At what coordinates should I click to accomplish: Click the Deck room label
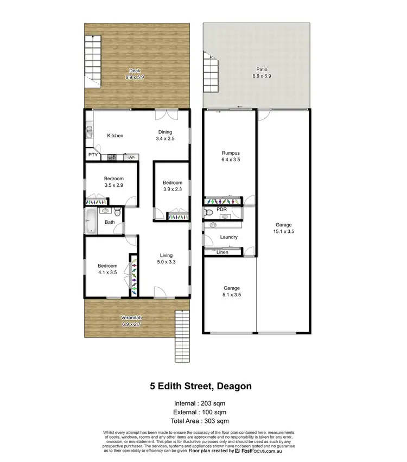(136, 74)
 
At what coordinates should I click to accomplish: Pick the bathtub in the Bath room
(91, 222)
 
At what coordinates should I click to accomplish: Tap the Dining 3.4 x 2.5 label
(165, 135)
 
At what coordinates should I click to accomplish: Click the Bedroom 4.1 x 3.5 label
(107, 269)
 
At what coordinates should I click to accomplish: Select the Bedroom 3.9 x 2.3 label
(173, 186)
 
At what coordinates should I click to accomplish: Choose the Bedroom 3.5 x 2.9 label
(115, 182)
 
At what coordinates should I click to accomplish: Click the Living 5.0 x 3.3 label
(166, 258)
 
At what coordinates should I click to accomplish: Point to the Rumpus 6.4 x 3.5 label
(231, 156)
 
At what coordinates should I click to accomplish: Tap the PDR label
(221, 209)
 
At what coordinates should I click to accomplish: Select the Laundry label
(228, 237)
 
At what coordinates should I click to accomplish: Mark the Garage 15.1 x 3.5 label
(283, 228)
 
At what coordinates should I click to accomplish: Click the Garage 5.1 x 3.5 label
(232, 292)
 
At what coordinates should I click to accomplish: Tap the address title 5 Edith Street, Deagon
(201, 387)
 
